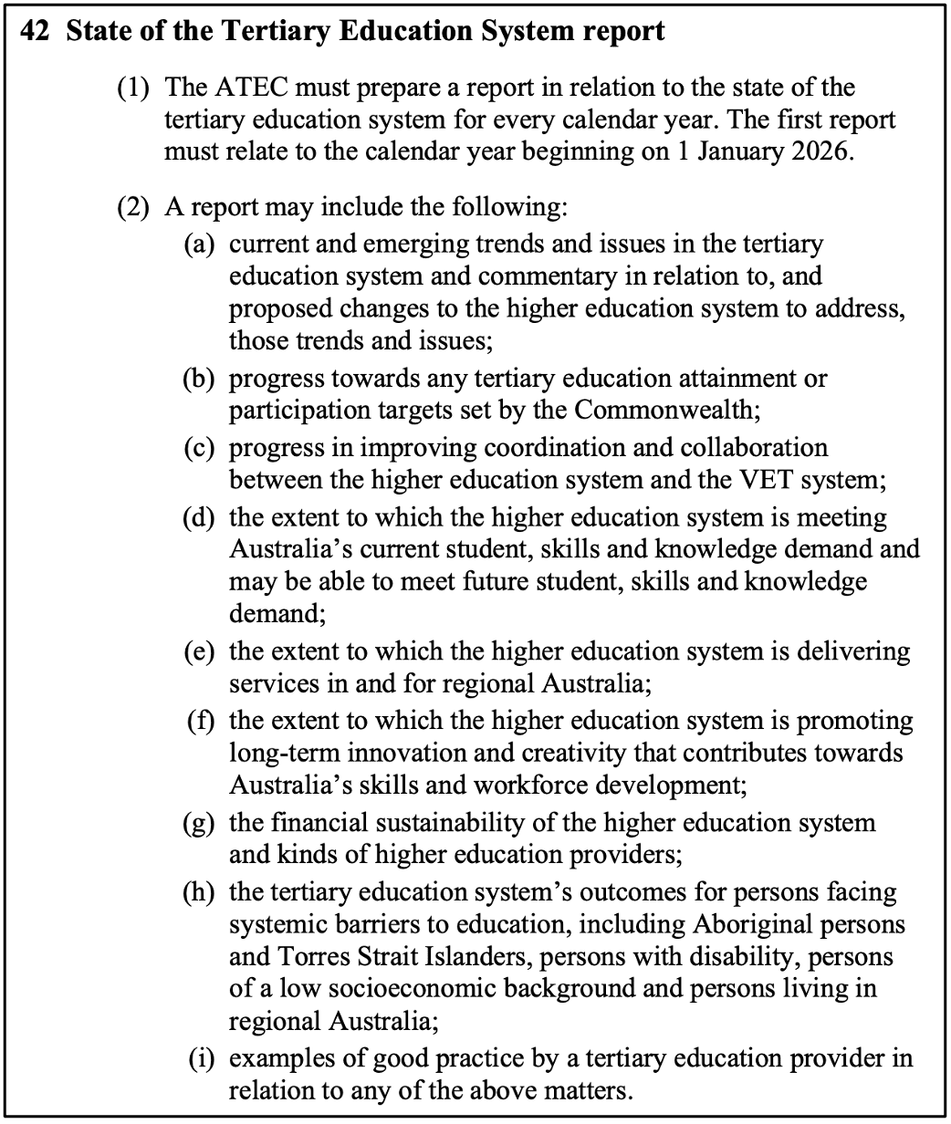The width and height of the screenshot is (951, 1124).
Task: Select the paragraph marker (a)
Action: [x=199, y=245]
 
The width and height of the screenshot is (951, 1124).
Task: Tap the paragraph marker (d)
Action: [x=199, y=518]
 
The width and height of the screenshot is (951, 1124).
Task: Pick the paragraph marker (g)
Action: [x=199, y=823]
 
